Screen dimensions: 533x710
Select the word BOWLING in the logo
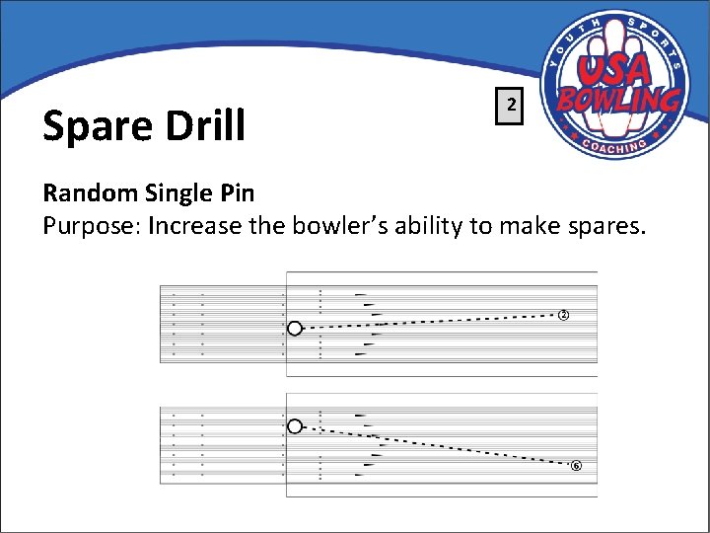click(618, 100)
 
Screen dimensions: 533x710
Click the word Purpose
click(89, 226)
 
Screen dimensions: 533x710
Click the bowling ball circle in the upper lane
click(294, 329)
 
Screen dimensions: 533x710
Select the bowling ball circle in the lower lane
click(294, 426)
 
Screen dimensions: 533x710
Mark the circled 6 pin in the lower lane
click(576, 466)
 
